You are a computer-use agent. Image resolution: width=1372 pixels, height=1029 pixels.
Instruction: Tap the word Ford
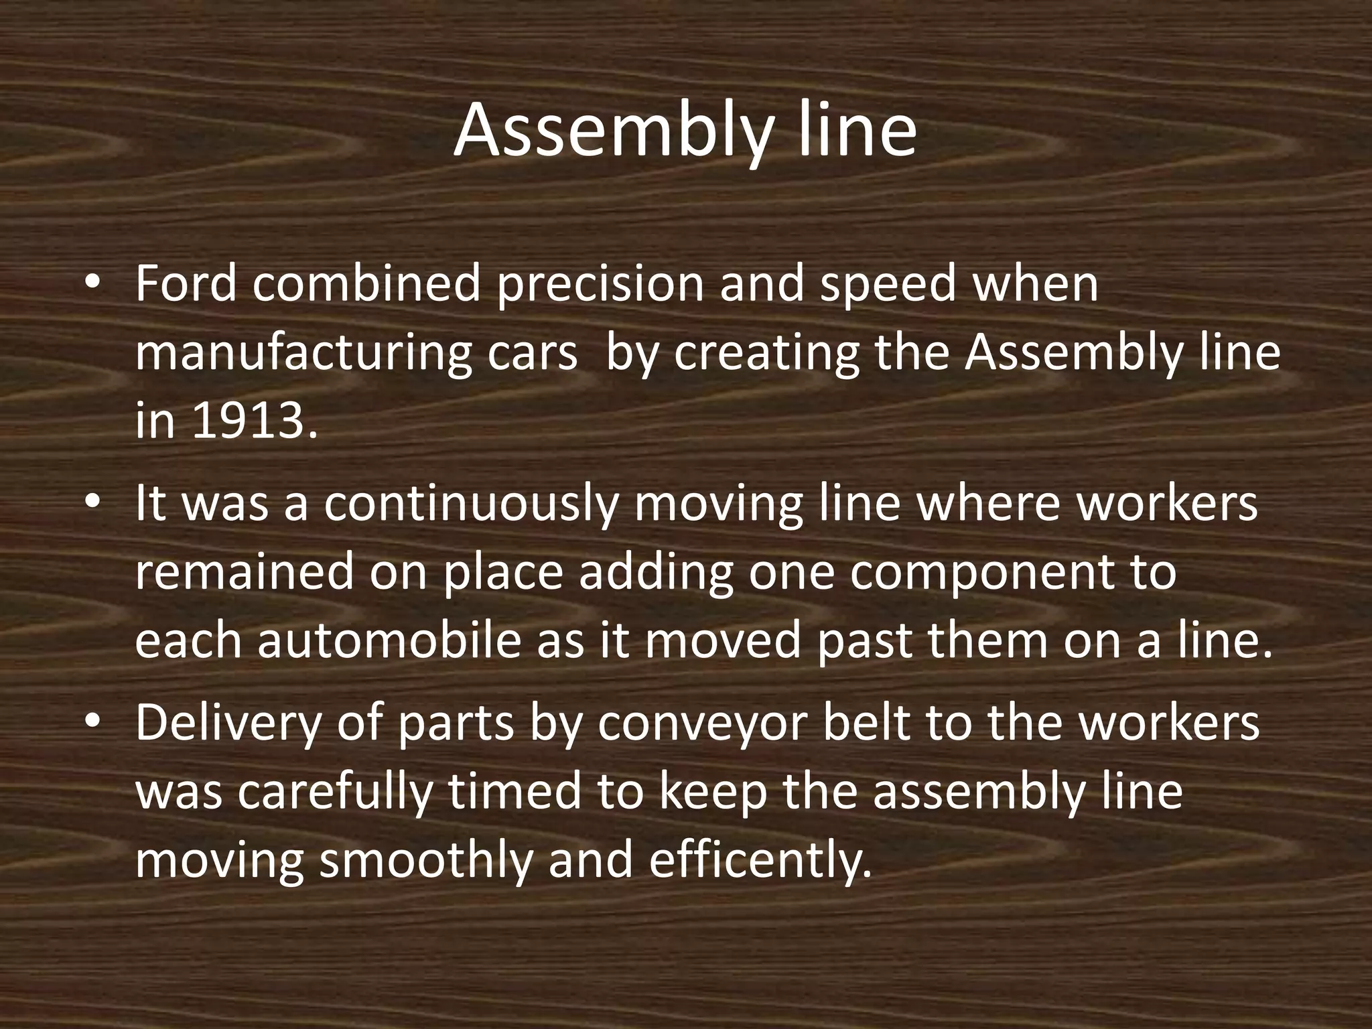click(x=186, y=284)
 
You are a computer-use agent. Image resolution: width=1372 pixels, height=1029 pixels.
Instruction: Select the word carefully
click(x=332, y=793)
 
